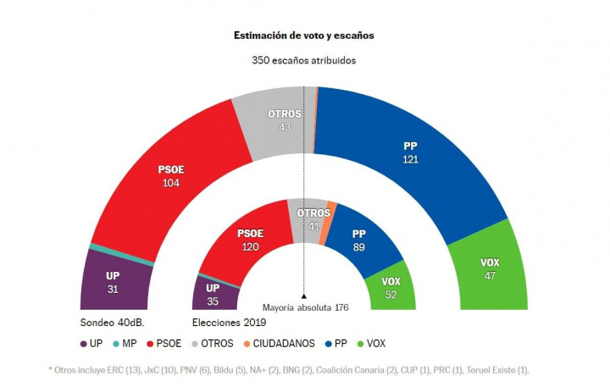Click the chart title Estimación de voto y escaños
(x=303, y=36)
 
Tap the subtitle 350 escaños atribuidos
(x=303, y=60)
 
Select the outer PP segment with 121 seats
(x=410, y=152)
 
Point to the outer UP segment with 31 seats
(x=113, y=282)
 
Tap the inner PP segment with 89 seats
(x=359, y=239)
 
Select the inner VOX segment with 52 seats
(x=391, y=287)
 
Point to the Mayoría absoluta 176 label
(x=305, y=307)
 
